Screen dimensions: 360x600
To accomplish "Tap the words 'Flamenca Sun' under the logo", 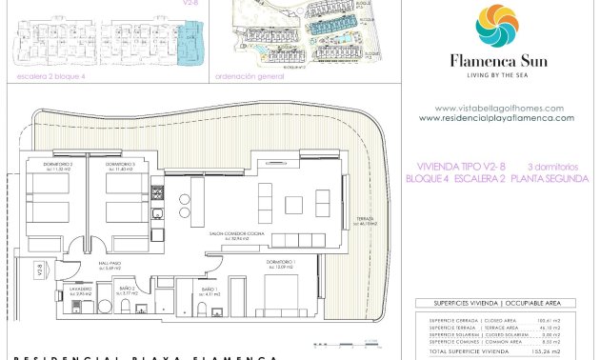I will tap(497, 60).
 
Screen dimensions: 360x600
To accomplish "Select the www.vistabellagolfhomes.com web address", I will tap(498, 109).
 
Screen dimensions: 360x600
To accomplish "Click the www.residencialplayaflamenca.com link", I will tap(496, 118).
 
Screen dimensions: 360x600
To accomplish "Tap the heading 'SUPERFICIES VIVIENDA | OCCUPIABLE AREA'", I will tap(496, 305).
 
